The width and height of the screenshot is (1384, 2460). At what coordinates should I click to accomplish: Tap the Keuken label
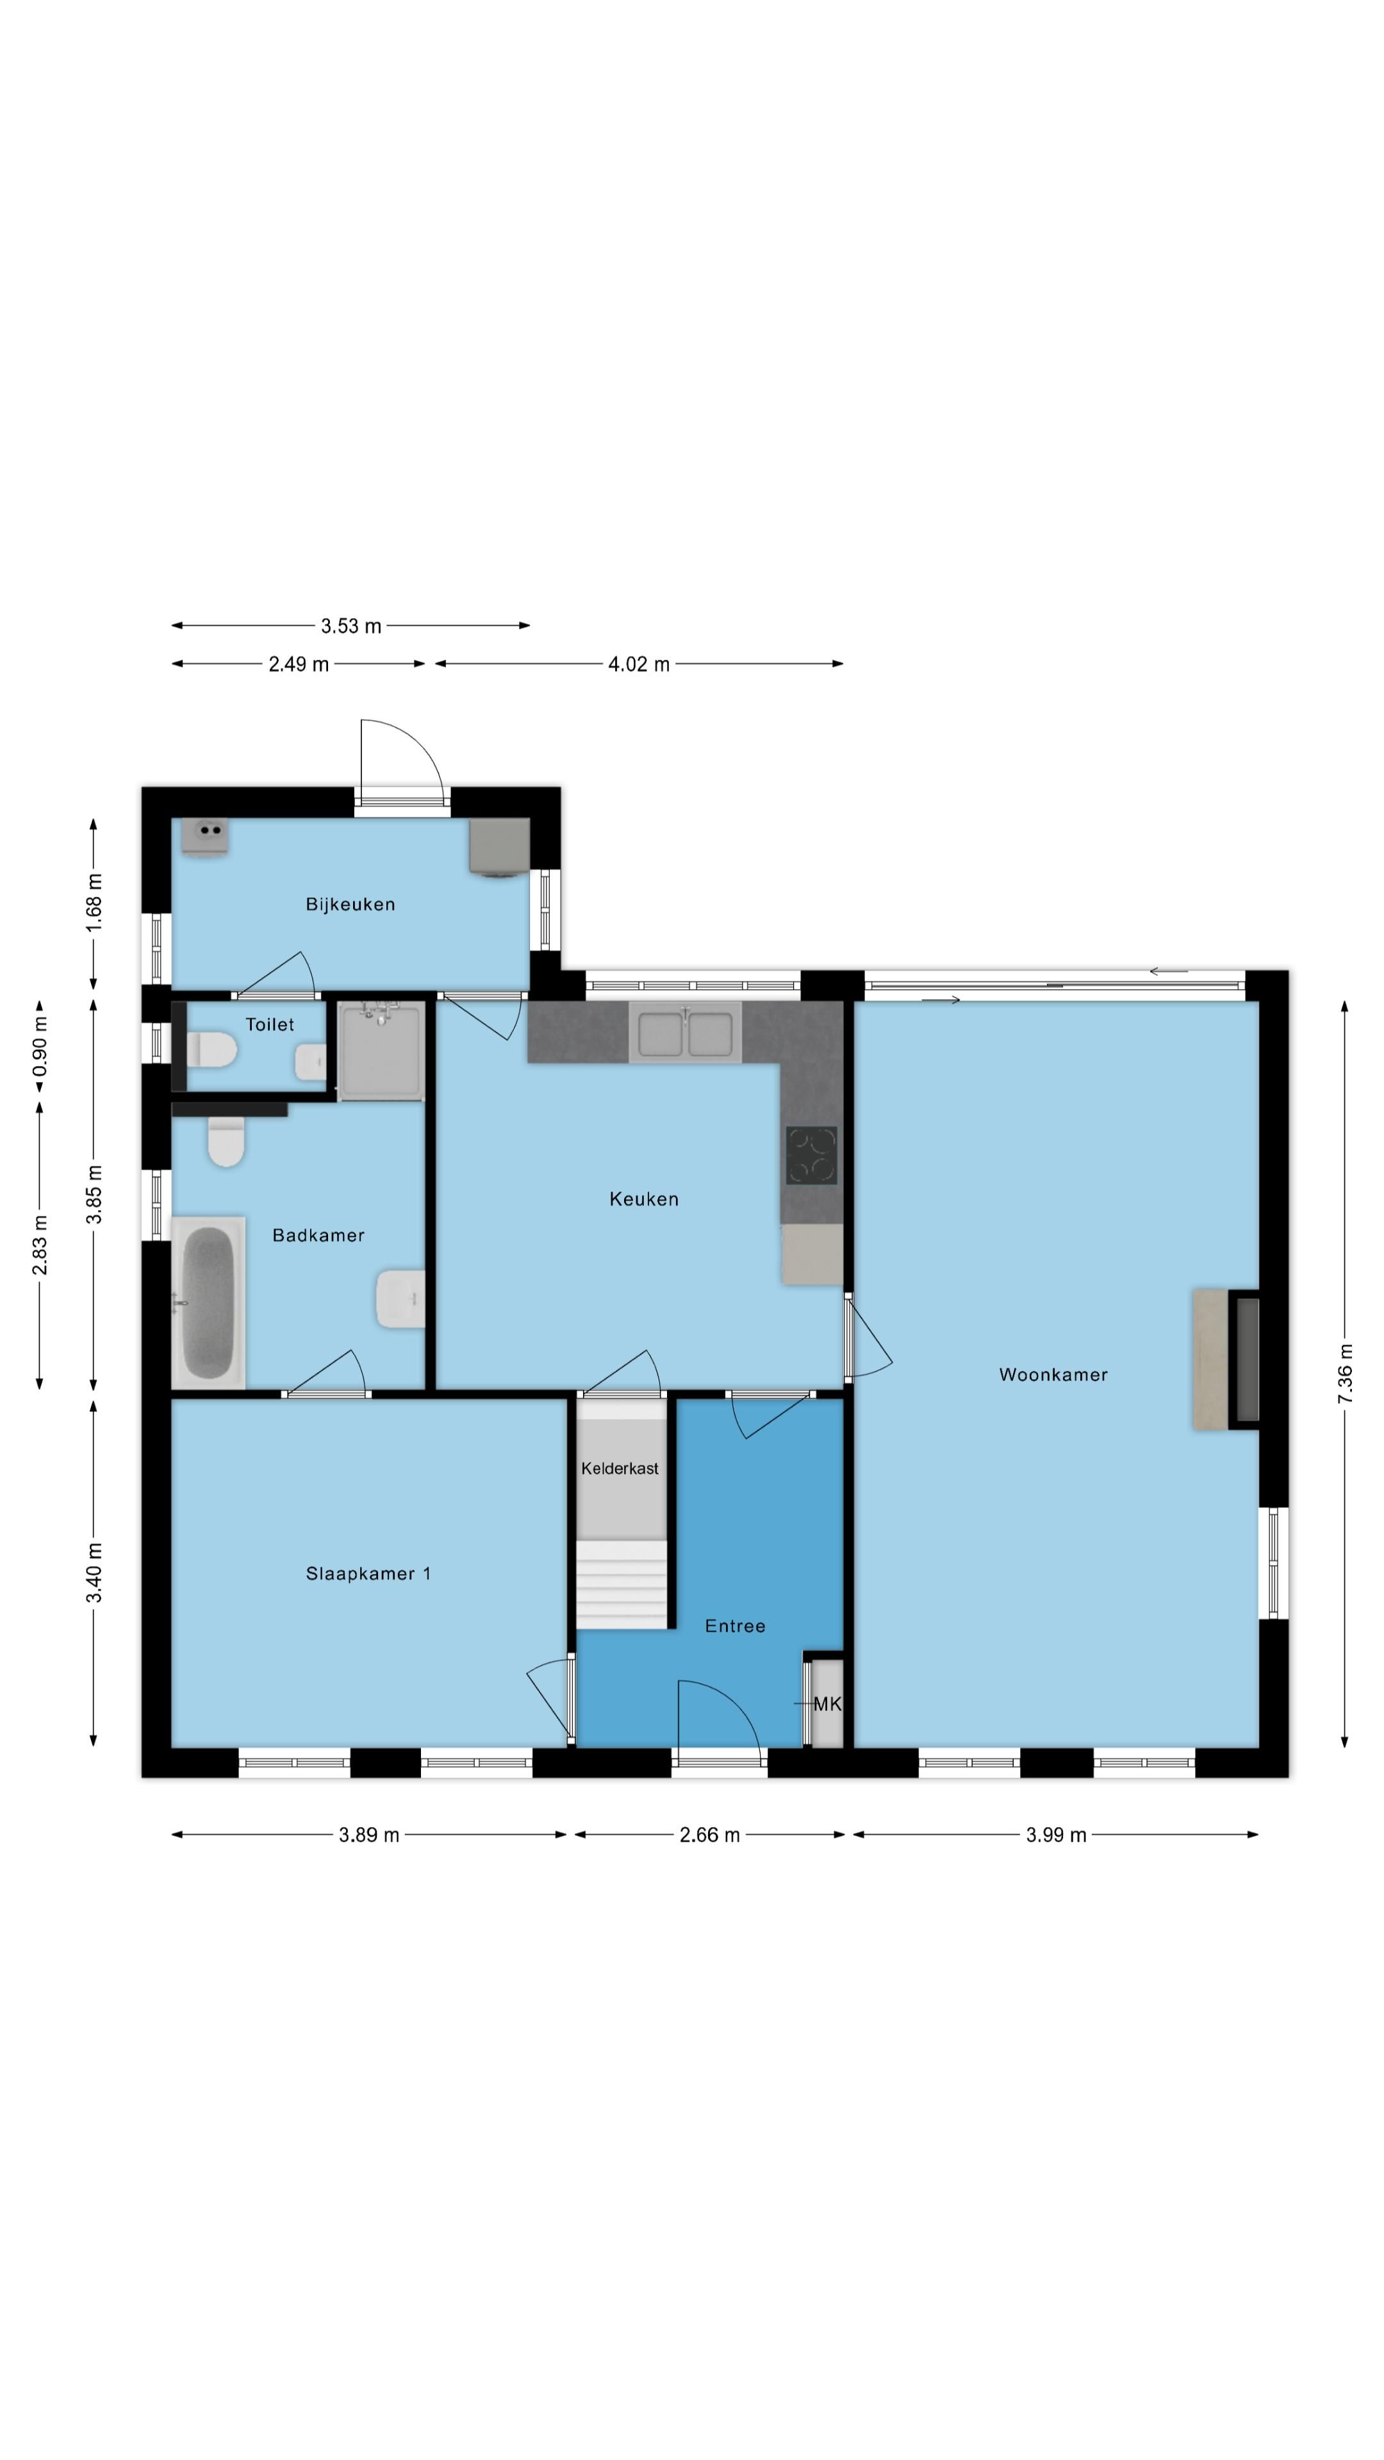[x=644, y=1199]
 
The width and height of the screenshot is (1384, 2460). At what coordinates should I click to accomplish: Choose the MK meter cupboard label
[x=827, y=1703]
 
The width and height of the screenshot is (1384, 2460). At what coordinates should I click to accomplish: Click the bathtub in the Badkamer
[x=208, y=1302]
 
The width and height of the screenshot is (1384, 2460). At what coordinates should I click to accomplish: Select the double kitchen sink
[x=685, y=1032]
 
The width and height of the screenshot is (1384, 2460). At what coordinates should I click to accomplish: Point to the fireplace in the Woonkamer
[x=1226, y=1360]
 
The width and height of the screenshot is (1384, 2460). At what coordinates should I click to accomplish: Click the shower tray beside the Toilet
[x=380, y=1051]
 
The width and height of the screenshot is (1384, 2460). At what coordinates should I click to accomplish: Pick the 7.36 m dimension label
[x=1345, y=1373]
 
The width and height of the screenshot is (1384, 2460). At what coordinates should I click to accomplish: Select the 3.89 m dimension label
[x=368, y=1835]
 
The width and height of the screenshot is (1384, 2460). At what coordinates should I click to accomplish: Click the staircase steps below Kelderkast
[x=621, y=1584]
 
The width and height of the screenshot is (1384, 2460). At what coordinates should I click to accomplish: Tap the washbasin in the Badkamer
[x=400, y=1299]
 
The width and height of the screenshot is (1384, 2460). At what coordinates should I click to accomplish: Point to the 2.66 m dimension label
[x=710, y=1835]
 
